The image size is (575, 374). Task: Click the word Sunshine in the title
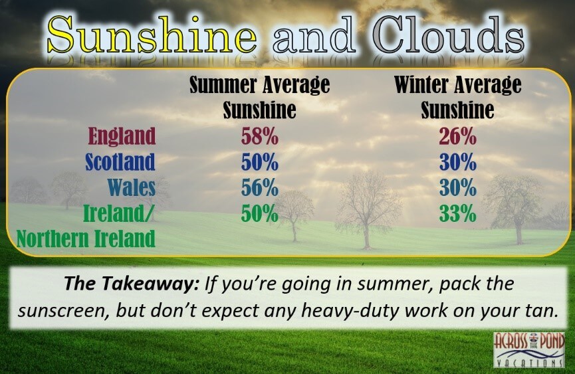pos(152,35)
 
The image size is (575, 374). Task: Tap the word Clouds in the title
pos(450,35)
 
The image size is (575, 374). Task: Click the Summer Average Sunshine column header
pos(260,97)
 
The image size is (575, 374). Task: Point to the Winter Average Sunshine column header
pos(457,97)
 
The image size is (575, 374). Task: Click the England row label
pos(122,136)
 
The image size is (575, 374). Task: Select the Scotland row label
pos(120,162)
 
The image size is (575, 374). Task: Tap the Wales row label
pos(132,187)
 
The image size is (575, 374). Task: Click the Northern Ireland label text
pos(86,239)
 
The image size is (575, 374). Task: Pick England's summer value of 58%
pos(260,137)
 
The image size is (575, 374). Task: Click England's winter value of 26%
pos(457,137)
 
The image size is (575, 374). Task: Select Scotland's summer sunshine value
pos(260,162)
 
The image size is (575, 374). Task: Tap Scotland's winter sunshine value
pos(457,162)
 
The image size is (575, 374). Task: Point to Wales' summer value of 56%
pos(260,188)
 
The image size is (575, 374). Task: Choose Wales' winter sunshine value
pos(457,188)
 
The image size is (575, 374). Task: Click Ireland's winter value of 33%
pos(457,213)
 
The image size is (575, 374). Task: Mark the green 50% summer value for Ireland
pos(260,213)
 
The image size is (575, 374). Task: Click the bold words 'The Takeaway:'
pos(132,283)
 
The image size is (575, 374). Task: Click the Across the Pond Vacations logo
pos(528,349)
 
